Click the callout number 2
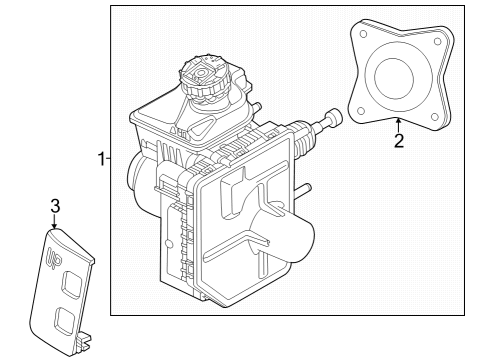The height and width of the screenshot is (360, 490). point(398,140)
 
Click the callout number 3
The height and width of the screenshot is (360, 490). point(56,205)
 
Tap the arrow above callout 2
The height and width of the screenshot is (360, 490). point(398,125)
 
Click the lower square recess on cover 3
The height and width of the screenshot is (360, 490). point(65,320)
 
